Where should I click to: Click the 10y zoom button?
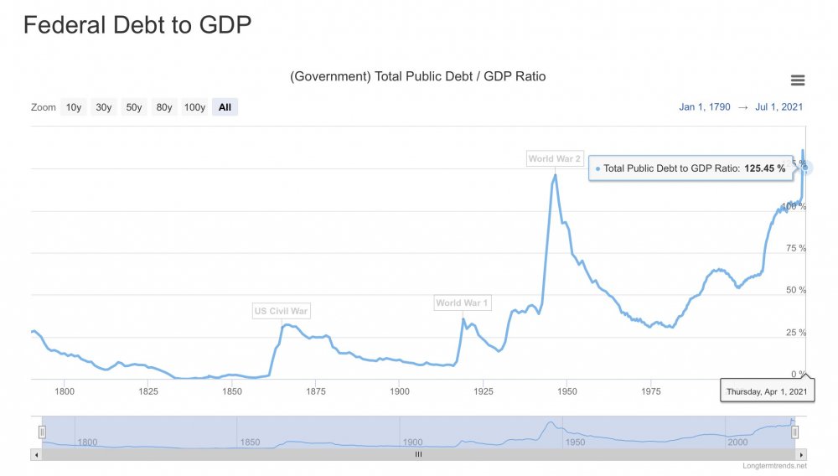pos(74,107)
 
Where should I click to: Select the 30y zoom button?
pos(104,107)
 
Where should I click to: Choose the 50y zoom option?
pos(134,107)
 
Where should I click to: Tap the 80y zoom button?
pos(164,107)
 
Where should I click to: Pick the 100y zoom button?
pos(194,107)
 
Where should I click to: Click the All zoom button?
pos(225,107)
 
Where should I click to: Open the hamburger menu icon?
pos(798,80)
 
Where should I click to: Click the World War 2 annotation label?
pos(555,158)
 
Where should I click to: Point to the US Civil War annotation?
pos(282,312)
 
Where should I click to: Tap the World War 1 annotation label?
pos(463,303)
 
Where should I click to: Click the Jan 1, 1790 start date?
pos(705,107)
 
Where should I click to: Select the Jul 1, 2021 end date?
pos(779,107)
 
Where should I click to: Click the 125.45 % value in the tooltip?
pos(765,168)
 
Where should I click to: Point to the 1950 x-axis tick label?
pos(567,391)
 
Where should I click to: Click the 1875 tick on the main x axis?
pos(316,391)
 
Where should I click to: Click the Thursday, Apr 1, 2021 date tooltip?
pos(767,391)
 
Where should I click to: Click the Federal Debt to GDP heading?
pos(137,25)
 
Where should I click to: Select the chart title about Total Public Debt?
pos(417,77)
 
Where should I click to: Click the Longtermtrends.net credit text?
pos(774,466)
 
